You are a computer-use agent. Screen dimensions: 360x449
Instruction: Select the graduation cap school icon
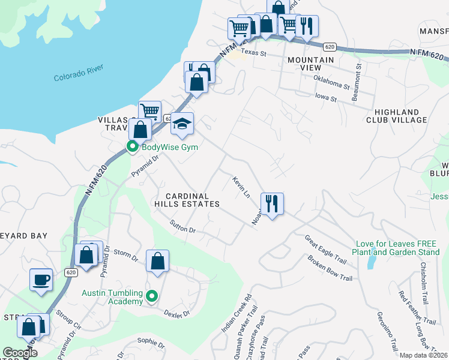182,124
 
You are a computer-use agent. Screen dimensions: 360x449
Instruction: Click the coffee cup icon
41,279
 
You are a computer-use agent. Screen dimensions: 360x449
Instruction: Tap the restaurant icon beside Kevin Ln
272,204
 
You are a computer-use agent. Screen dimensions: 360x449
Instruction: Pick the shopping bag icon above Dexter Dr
157,262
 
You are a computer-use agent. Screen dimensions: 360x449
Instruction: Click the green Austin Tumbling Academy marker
152,296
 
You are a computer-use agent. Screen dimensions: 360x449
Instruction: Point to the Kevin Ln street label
241,186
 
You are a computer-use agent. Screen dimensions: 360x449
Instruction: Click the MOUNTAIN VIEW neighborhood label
310,64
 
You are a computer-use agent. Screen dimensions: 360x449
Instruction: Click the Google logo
19,353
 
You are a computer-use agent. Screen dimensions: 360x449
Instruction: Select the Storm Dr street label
126,255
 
